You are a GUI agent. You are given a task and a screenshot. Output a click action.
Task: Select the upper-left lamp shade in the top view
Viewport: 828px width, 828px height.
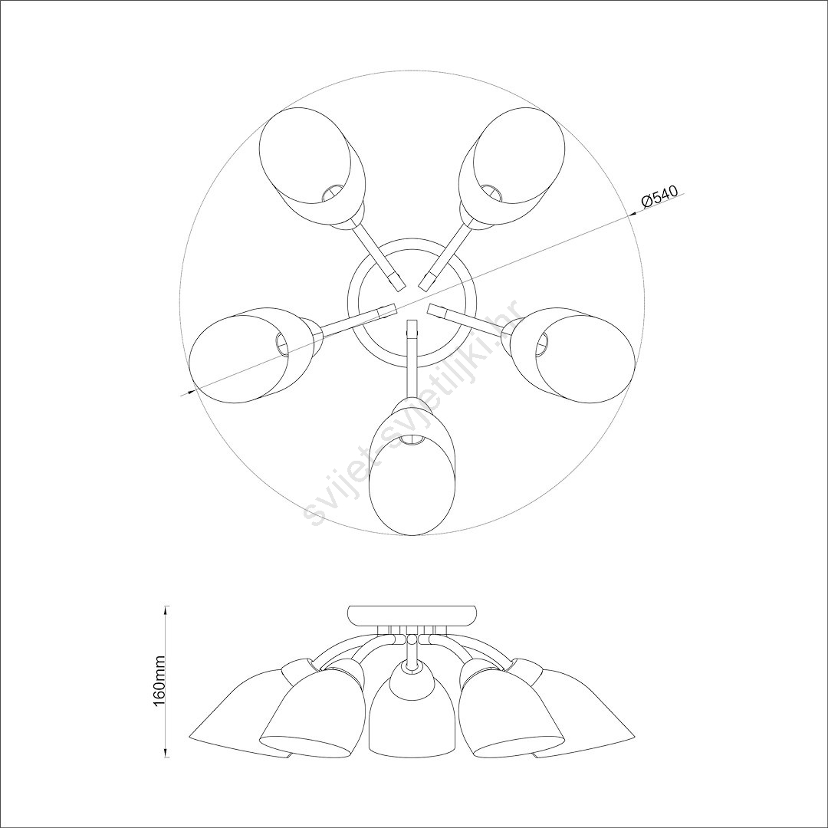311,166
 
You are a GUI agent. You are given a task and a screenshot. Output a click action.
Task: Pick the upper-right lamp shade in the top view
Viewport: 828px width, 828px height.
512,166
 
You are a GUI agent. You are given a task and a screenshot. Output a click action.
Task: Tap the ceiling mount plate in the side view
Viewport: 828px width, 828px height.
412,615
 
